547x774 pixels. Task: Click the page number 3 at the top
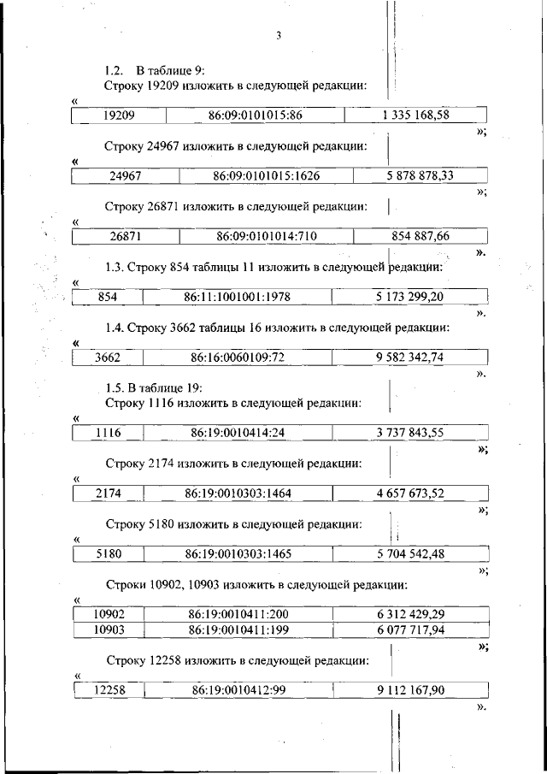click(x=279, y=35)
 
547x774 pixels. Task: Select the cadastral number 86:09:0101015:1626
click(x=267, y=175)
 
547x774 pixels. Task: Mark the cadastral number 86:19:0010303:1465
click(x=238, y=553)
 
